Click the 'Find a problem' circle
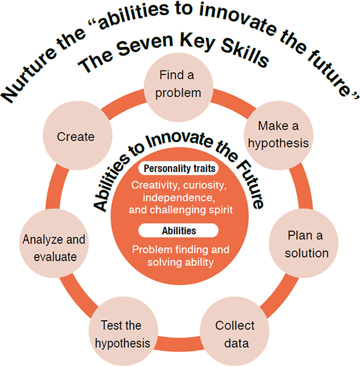(x=178, y=87)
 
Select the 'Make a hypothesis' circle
(x=279, y=135)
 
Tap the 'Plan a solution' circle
(x=303, y=244)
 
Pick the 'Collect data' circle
(x=234, y=331)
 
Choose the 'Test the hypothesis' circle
(x=123, y=331)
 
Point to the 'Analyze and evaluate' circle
(x=54, y=244)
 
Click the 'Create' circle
(x=78, y=135)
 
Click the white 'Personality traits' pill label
(x=178, y=168)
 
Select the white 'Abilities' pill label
(x=178, y=230)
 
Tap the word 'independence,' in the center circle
(x=179, y=198)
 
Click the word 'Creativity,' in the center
(x=154, y=185)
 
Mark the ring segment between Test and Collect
(x=179, y=344)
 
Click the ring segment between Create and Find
(x=124, y=103)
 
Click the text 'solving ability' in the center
(x=181, y=262)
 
